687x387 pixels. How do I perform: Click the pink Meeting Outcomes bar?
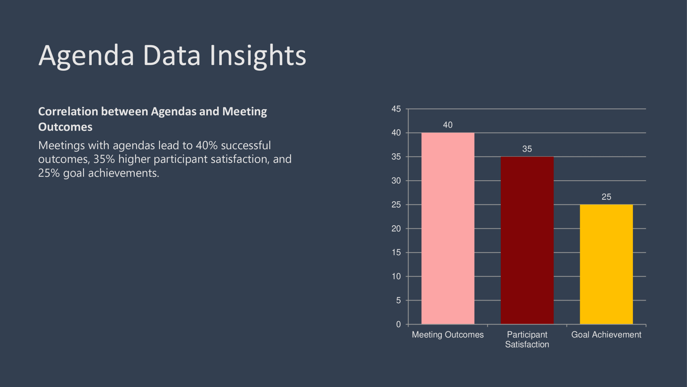[x=448, y=228]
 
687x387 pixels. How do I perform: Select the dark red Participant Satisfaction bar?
[x=527, y=240]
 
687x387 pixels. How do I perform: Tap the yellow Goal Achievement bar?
[x=606, y=264]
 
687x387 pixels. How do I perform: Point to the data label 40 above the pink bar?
[x=448, y=125]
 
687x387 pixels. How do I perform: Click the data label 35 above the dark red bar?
[x=527, y=149]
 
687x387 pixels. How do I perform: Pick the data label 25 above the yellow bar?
[x=606, y=197]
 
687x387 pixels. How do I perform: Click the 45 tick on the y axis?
[x=396, y=109]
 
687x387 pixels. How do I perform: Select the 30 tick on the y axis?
[x=396, y=181]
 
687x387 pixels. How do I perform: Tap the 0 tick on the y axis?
[x=399, y=324]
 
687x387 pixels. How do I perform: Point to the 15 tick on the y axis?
[x=396, y=252]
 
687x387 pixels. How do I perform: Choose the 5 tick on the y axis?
[x=399, y=300]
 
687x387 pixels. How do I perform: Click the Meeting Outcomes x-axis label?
[x=448, y=335]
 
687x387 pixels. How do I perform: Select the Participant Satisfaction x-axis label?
[x=527, y=339]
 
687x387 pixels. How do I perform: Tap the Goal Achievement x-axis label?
[x=606, y=335]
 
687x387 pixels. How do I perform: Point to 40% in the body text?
[x=207, y=145]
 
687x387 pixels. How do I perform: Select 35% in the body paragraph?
[x=104, y=159]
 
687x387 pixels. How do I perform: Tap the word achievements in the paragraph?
[x=124, y=173]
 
